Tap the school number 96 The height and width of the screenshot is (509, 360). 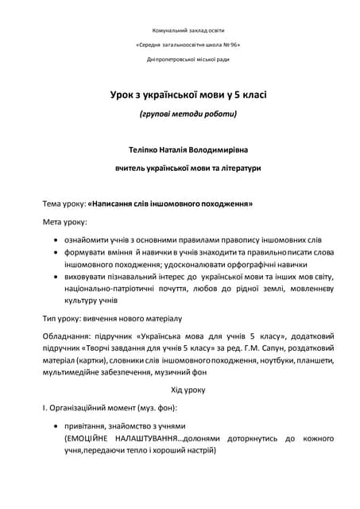click(x=230, y=45)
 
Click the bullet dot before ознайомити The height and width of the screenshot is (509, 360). click(x=54, y=239)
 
